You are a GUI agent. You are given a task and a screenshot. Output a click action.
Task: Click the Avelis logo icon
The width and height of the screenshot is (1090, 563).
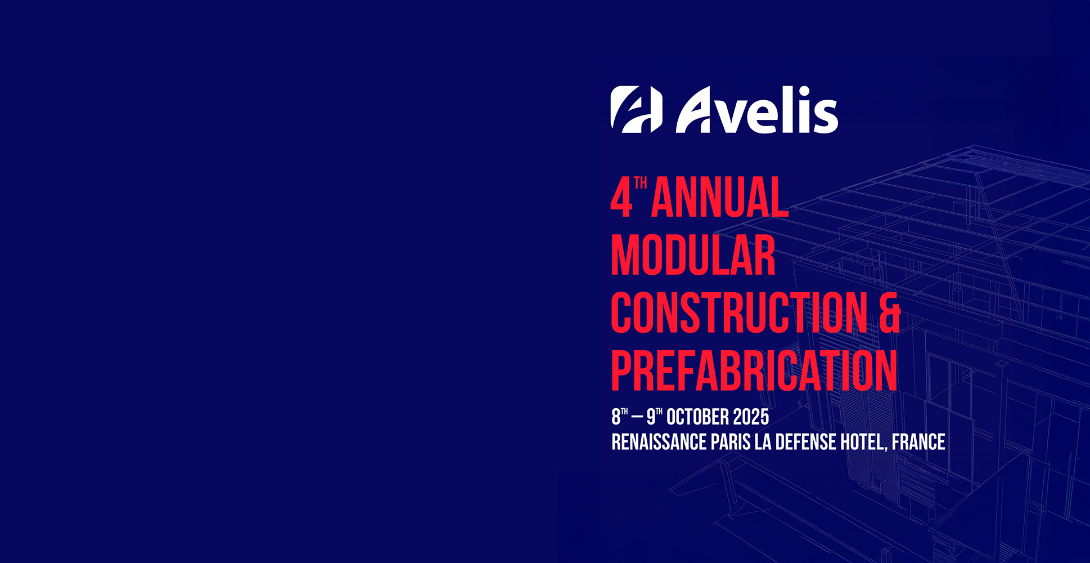click(637, 110)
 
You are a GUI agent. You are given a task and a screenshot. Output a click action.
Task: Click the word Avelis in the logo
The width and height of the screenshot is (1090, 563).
click(757, 110)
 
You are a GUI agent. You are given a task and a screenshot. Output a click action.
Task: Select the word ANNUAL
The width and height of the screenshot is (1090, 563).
click(720, 197)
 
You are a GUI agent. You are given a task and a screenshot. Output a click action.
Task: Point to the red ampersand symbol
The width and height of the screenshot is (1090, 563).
click(890, 312)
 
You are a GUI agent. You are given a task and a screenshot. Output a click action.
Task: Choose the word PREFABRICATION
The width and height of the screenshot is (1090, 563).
click(754, 370)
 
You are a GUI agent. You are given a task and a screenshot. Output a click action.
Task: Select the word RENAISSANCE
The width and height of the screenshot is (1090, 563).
click(659, 442)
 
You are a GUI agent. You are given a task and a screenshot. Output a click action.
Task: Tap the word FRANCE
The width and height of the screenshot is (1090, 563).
click(918, 442)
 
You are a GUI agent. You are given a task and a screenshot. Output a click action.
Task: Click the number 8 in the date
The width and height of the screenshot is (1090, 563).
click(616, 417)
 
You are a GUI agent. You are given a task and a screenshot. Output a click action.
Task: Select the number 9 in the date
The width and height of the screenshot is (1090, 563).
click(651, 417)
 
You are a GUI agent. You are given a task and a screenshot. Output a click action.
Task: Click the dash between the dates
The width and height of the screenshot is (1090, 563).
click(637, 418)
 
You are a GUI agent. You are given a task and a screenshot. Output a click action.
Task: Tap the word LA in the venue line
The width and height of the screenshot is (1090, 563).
click(763, 442)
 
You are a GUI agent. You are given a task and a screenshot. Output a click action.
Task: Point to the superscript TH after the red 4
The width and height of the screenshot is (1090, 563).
click(641, 183)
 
